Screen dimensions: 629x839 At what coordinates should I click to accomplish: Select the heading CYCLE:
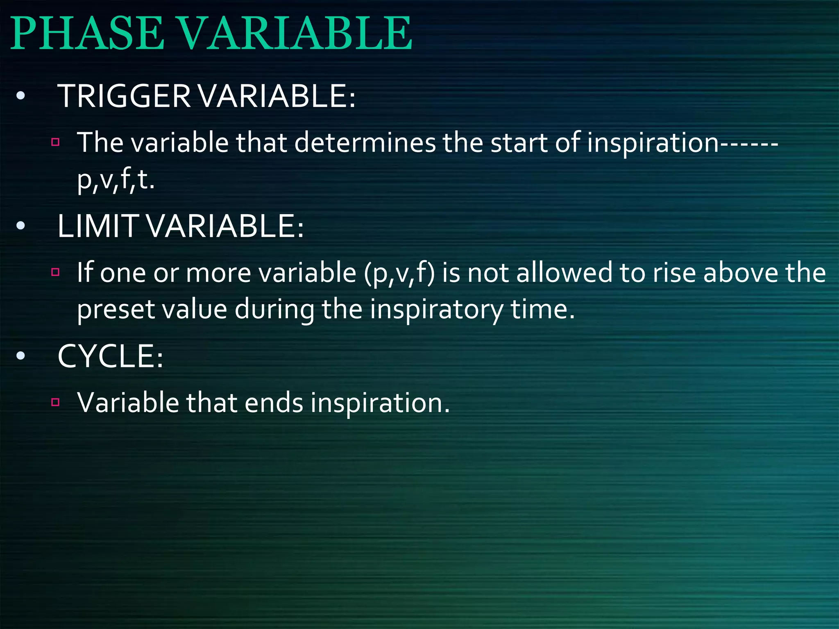point(110,356)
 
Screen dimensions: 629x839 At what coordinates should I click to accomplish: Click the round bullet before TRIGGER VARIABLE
point(20,97)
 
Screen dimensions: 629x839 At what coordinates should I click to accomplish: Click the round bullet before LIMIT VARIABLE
point(20,226)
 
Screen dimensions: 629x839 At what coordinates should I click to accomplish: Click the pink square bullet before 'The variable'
point(56,143)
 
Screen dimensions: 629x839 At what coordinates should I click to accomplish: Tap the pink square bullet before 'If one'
point(56,272)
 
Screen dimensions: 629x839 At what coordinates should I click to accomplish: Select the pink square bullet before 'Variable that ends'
point(56,402)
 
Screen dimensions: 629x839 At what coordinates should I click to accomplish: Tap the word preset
point(116,310)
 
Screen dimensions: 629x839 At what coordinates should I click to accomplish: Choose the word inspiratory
point(436,310)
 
